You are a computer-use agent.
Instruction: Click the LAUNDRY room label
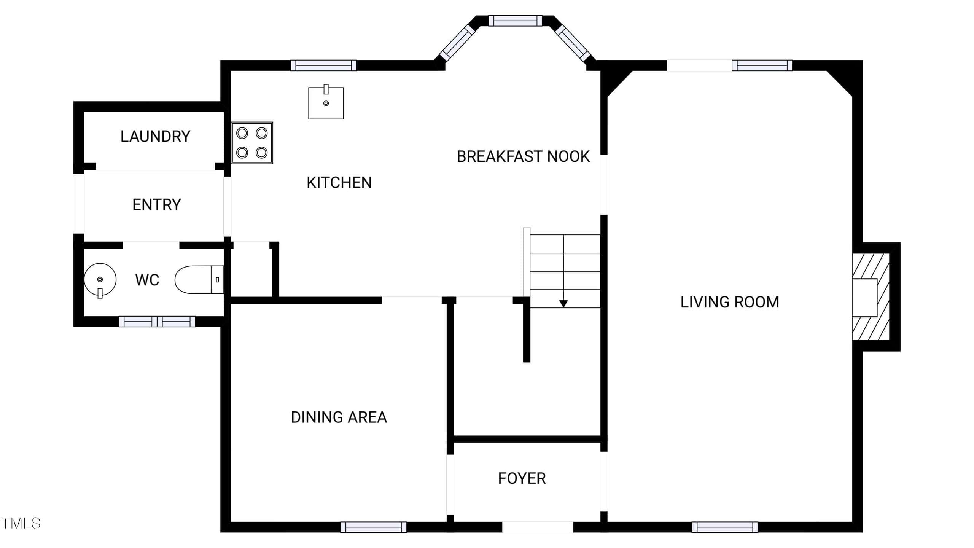155,137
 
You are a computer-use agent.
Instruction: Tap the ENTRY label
156,205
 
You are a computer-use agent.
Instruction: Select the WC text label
147,280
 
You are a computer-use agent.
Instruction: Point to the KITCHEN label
339,183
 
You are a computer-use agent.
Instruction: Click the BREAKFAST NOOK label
523,156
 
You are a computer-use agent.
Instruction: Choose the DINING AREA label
339,417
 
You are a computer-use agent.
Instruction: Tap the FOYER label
522,478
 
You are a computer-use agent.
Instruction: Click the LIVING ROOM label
730,302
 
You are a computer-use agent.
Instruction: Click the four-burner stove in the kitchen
252,143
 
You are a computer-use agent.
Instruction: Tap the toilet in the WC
199,280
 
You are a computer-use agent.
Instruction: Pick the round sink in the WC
100,280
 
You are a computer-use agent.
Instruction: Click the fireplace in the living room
871,297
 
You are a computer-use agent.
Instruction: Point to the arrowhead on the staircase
563,304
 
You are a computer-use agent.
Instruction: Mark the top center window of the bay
515,21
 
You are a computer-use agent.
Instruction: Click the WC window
157,322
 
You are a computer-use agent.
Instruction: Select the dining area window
374,527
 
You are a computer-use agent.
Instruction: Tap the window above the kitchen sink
324,65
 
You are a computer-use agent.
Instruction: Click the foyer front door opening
538,527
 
